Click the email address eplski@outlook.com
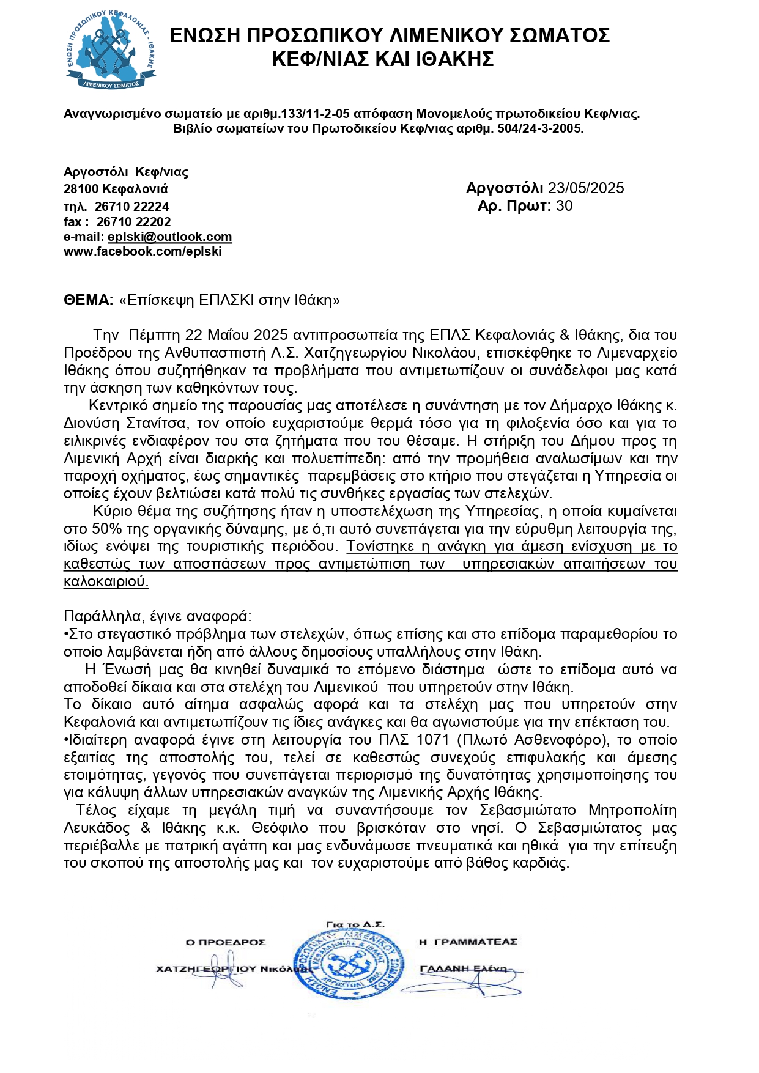(x=169, y=237)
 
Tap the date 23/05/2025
(x=585, y=188)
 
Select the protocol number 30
(x=564, y=205)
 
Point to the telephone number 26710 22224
(x=131, y=207)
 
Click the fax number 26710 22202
(x=133, y=222)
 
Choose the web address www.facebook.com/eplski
(x=143, y=251)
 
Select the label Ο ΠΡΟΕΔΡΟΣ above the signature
(x=226, y=942)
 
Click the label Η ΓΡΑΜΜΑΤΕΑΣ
(x=468, y=942)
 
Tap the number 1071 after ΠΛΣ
(x=432, y=740)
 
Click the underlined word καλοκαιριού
(x=106, y=581)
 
